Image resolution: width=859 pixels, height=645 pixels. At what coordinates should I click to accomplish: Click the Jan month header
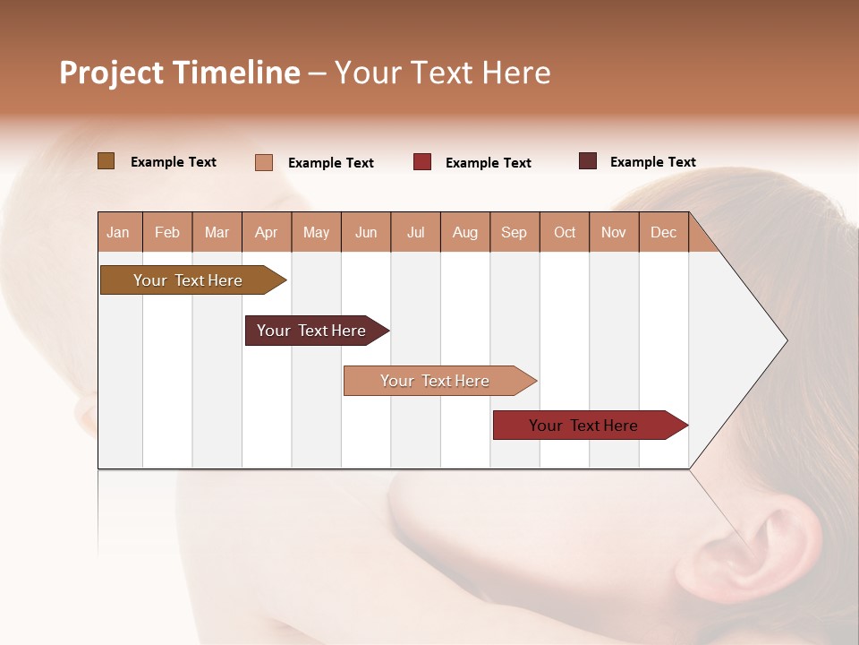[119, 232]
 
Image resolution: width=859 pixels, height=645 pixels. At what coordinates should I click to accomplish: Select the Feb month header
[167, 232]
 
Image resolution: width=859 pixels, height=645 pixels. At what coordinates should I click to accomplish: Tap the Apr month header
[267, 232]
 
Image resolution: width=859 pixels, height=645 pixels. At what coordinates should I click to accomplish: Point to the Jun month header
[366, 232]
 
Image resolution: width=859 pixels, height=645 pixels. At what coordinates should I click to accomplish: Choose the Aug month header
[465, 232]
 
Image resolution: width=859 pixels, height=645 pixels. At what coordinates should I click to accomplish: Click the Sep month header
[515, 232]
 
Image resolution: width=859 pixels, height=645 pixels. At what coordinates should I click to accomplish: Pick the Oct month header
[565, 232]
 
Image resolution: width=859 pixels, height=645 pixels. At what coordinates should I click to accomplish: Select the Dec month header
[664, 232]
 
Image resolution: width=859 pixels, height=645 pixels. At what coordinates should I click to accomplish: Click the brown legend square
[106, 161]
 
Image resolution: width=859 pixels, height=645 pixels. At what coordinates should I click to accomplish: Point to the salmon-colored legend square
[264, 162]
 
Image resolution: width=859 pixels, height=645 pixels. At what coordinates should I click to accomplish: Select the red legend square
[422, 162]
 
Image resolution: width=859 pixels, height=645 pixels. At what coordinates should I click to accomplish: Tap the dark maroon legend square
[588, 161]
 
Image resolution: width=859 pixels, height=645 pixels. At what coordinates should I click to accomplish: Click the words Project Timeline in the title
[179, 73]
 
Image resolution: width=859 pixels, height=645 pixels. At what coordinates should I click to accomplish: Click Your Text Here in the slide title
[442, 73]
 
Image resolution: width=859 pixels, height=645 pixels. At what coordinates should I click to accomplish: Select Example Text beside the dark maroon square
[652, 161]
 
